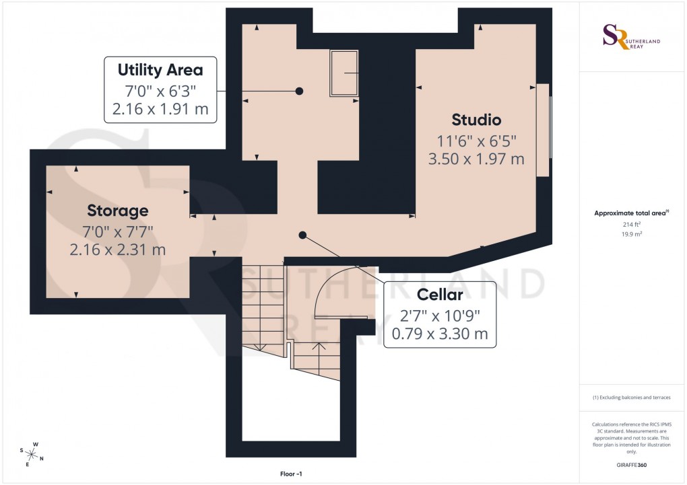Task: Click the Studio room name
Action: point(476,120)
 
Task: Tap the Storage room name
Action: point(117,211)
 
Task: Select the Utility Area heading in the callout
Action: point(160,70)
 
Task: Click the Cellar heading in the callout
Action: point(439,295)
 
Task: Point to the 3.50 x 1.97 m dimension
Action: point(476,159)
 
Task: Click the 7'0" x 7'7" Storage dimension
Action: point(117,231)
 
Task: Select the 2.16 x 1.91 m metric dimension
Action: point(160,110)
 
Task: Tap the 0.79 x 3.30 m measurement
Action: point(439,334)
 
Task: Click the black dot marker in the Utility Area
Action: point(299,91)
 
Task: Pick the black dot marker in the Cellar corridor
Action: point(302,235)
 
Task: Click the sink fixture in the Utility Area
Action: point(343,73)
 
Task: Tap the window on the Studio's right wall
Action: point(544,130)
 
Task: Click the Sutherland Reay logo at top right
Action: point(632,38)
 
